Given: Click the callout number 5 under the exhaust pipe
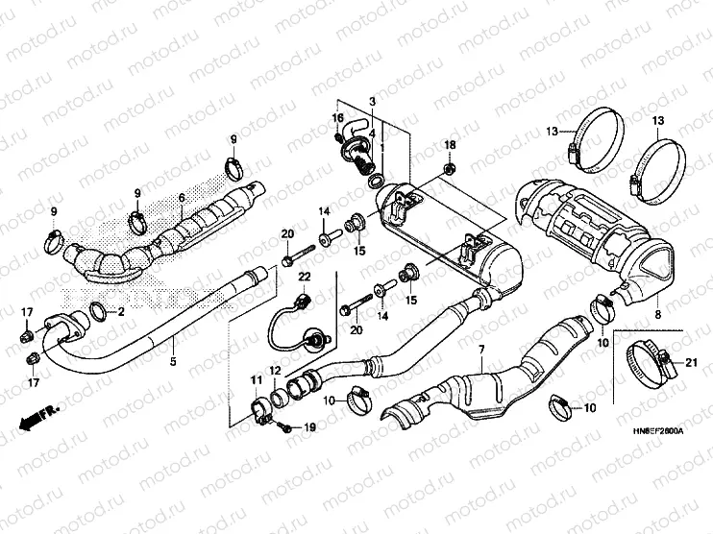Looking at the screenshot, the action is coord(173,362).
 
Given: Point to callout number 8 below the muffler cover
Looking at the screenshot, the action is coord(657,314).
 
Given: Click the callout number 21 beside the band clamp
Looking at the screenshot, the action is coord(690,361).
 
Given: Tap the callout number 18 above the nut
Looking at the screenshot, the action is coord(449,144).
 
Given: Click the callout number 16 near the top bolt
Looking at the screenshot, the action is coord(337,117).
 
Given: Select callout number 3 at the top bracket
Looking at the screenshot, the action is coord(372,101).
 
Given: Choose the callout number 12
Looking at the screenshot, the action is coord(274,371).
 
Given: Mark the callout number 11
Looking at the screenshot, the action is coord(256,382).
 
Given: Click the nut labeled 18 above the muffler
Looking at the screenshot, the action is coord(449,169).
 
